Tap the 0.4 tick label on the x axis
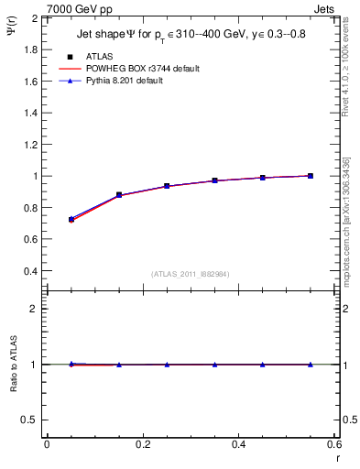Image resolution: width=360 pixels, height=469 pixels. pyautogui.click(x=238, y=445)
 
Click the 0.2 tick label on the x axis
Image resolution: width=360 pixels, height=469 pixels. pyautogui.click(x=142, y=445)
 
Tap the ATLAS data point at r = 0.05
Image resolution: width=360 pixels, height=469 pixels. pyautogui.click(x=71, y=220)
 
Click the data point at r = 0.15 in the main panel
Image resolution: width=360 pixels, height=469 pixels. pyautogui.click(x=119, y=195)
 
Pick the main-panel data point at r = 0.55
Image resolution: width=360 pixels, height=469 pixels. pyautogui.click(x=311, y=176)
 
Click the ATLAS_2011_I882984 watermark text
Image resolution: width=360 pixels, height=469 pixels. pyautogui.click(x=191, y=273)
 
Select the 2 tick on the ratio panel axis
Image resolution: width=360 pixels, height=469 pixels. pyautogui.click(x=34, y=309)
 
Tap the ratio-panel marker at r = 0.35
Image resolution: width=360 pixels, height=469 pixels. pyautogui.click(x=214, y=365)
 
